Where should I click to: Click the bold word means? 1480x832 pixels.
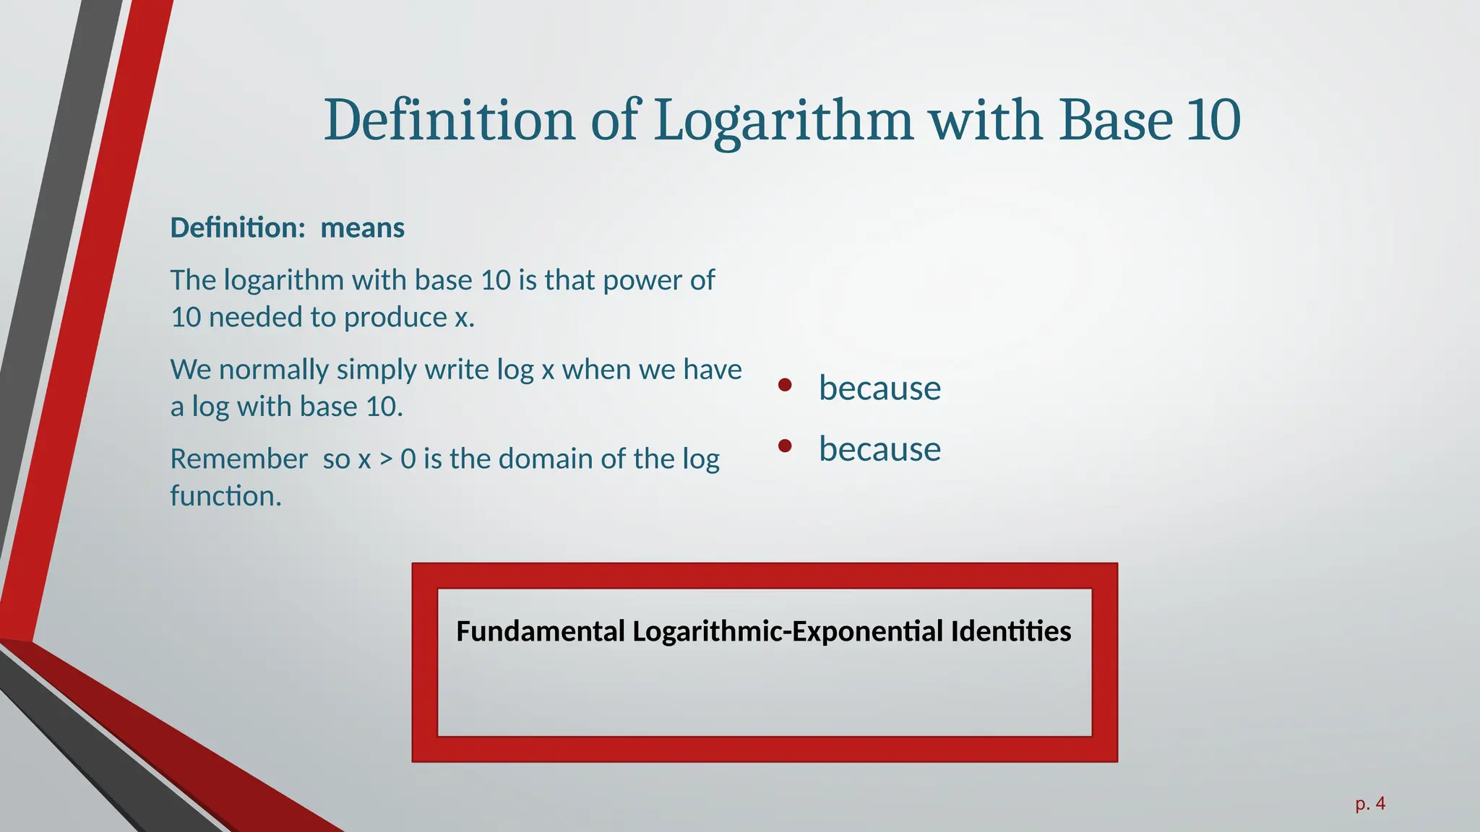pos(362,228)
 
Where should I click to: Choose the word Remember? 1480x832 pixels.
pos(238,459)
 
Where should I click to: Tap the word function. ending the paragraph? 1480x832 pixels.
pos(225,496)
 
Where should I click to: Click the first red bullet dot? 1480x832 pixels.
pos(785,385)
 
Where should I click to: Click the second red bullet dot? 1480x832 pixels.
pos(785,446)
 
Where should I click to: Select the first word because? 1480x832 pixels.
pos(879,389)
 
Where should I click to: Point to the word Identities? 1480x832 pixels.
pos(1011,631)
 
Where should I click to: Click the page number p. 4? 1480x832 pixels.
pos(1369,803)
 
